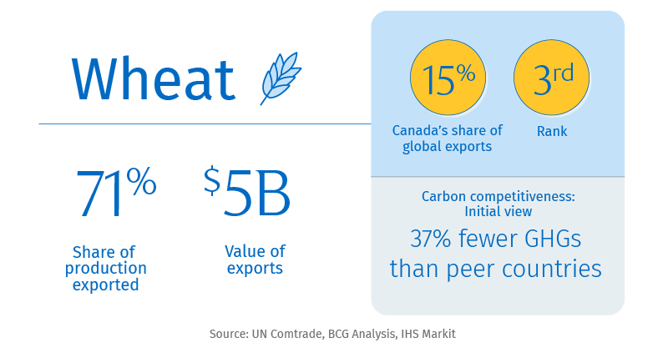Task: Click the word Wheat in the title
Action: [154, 78]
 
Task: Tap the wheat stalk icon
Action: [281, 78]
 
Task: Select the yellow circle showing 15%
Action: [448, 78]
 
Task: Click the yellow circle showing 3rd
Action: [552, 78]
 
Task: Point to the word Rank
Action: [552, 131]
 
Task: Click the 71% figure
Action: [116, 193]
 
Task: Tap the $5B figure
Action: [247, 193]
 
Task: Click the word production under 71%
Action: [106, 269]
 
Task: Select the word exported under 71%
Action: [106, 285]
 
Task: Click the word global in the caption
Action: [422, 146]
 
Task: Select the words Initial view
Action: [498, 211]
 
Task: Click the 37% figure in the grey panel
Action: [430, 239]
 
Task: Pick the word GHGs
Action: [553, 239]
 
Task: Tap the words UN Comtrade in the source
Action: [286, 334]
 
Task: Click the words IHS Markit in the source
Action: [428, 334]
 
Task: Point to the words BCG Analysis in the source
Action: [362, 334]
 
